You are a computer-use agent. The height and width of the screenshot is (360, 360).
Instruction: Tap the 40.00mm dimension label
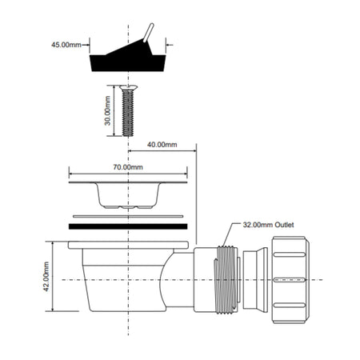coord(162,145)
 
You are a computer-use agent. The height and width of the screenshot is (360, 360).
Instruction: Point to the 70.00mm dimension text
coord(127,168)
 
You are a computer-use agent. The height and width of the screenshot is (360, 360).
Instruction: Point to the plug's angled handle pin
coord(148,34)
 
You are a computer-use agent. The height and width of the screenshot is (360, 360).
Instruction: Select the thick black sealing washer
coord(129,228)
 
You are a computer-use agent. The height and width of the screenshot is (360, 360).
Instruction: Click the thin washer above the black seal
coord(129,216)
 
